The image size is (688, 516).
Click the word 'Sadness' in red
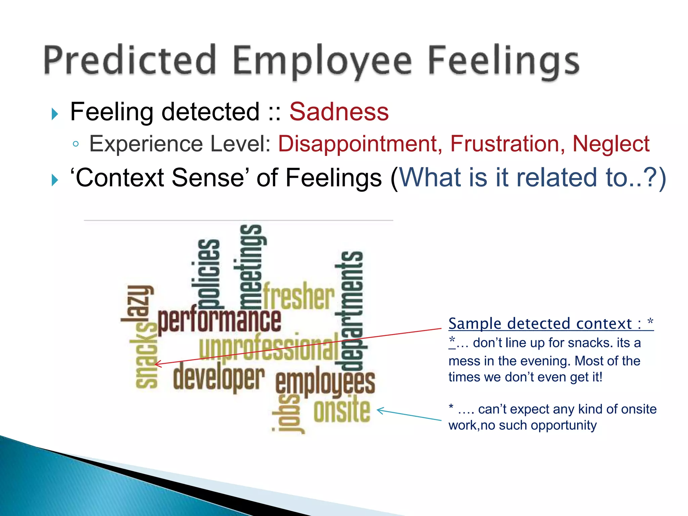339,112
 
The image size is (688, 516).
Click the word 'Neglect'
611,144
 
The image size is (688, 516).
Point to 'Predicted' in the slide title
129,60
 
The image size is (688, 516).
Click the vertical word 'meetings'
251,267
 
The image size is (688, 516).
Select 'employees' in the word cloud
325,383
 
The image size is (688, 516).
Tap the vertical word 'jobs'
288,413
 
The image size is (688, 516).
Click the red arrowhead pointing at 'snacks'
157,364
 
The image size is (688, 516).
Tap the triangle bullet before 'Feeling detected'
55,114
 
